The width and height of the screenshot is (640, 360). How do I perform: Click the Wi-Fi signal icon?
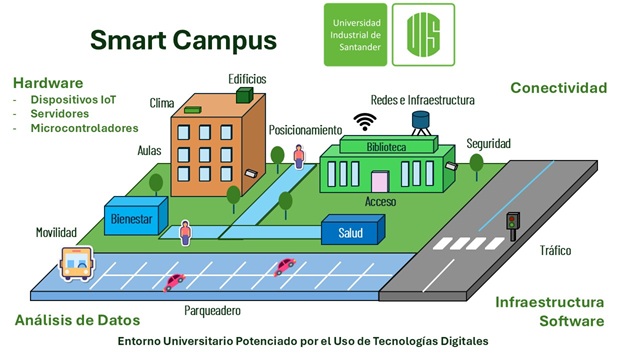[365, 122]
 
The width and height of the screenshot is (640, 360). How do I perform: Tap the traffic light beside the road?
[513, 226]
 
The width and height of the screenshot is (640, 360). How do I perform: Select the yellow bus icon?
[77, 264]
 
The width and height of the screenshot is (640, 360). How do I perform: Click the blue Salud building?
[353, 230]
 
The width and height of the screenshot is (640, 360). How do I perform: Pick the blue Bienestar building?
[136, 216]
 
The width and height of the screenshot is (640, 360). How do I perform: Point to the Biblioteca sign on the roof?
[388, 145]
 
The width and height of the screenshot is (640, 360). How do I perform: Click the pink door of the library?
[380, 182]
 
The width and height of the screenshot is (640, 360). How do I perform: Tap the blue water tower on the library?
[420, 123]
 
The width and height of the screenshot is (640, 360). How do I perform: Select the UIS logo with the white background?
[423, 35]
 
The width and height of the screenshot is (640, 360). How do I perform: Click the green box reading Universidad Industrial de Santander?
[355, 35]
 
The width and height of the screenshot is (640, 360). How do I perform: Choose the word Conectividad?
[559, 88]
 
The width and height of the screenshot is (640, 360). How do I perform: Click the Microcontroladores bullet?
[84, 128]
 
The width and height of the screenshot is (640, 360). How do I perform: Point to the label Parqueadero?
[212, 311]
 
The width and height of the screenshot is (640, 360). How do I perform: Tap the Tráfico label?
[556, 250]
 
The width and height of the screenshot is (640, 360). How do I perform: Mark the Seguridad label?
[489, 144]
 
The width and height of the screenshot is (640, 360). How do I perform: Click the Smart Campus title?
[183, 40]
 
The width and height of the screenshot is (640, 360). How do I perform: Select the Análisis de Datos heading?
[78, 320]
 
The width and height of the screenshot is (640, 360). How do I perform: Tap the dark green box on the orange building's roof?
[244, 95]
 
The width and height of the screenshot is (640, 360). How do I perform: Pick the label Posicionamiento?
[305, 130]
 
